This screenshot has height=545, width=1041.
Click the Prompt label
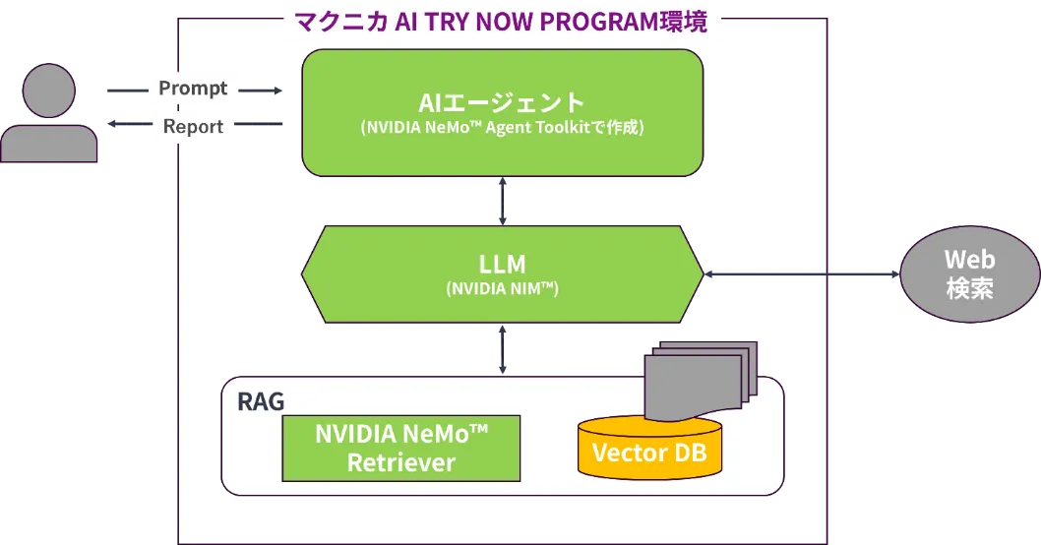click(x=193, y=89)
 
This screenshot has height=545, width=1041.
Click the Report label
click(x=193, y=127)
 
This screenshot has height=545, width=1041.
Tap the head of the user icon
click(x=49, y=91)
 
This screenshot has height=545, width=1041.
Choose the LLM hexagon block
click(x=502, y=273)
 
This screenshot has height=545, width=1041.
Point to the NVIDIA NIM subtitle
click(x=502, y=289)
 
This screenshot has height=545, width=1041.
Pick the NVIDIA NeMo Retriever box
click(x=400, y=448)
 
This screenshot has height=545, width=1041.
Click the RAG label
click(x=261, y=402)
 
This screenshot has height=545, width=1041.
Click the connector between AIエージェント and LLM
click(x=503, y=201)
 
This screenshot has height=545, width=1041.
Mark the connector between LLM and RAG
click(x=503, y=348)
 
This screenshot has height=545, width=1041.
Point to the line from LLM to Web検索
click(x=802, y=274)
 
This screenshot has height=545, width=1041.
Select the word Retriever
click(x=400, y=462)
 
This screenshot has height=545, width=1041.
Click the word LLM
click(x=502, y=265)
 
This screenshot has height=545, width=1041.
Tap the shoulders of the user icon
click(x=49, y=144)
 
